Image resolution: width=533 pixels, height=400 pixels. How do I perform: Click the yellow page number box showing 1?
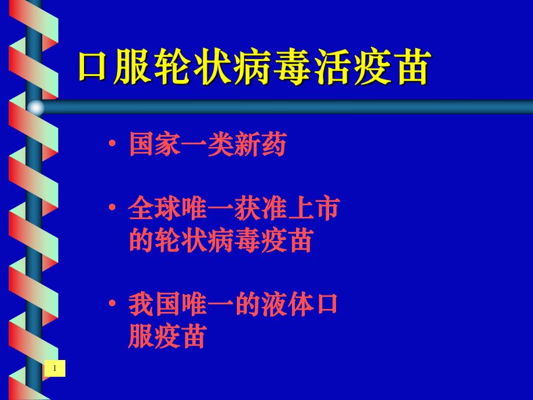tap(54, 368)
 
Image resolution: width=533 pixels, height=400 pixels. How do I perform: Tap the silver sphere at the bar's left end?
tap(36, 107)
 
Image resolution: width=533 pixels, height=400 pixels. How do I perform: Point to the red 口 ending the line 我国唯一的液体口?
tap(326, 305)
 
